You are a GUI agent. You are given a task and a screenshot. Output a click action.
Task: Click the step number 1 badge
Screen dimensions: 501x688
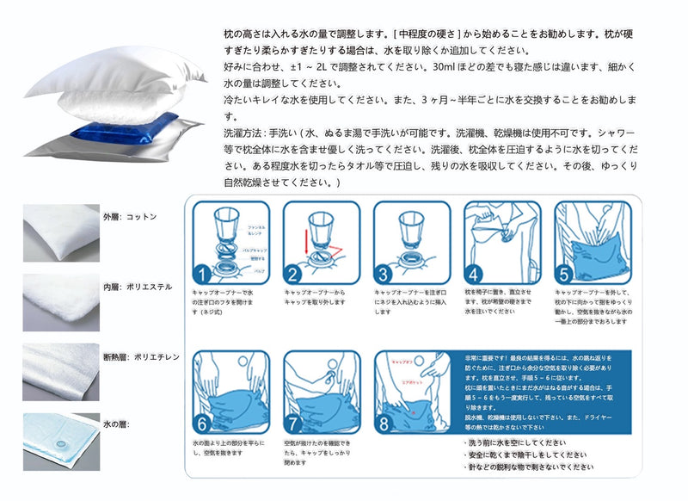tap(200, 275)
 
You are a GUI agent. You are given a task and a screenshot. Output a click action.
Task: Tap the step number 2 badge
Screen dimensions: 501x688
tap(292, 275)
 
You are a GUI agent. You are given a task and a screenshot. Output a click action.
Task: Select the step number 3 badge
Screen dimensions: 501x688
tap(383, 275)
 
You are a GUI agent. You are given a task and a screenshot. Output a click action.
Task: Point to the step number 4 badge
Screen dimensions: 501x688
tap(474, 275)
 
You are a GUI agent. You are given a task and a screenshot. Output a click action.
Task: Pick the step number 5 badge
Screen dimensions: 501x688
tap(565, 275)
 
